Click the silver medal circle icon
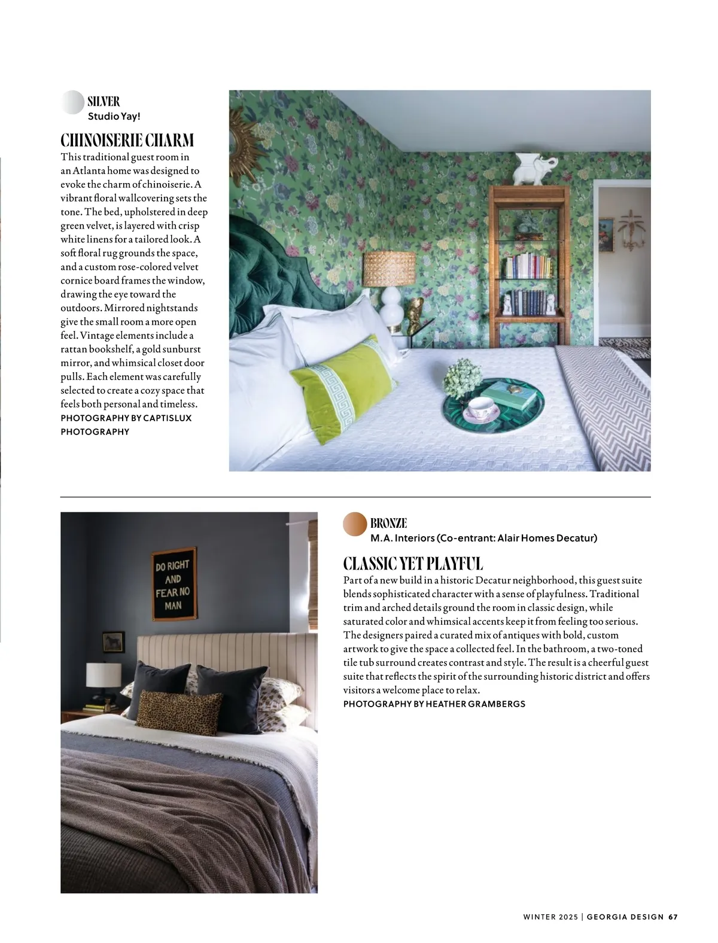pos(72,102)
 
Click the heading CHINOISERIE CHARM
pos(127,141)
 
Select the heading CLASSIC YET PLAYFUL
pos(413,564)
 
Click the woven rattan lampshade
pos(390,269)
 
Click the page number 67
pos(673,917)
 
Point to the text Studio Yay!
pos(114,116)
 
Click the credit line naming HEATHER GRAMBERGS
pos(434,704)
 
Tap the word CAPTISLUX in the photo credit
pos(168,418)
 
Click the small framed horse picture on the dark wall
pos(113,642)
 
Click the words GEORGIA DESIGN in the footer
pos(625,917)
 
